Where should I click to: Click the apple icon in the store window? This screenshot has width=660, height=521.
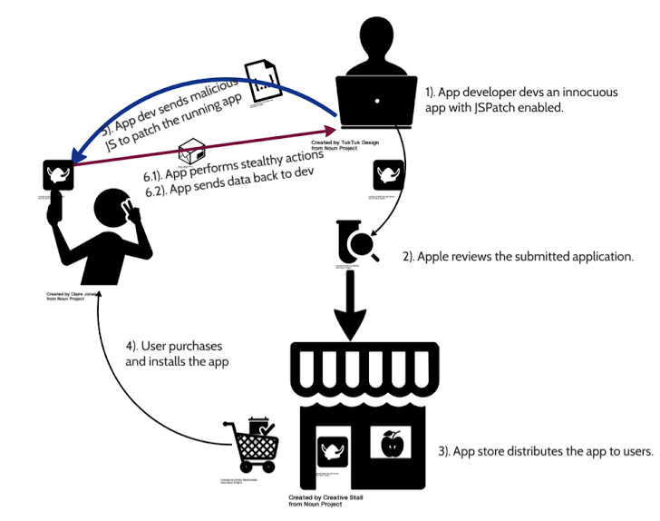(392, 445)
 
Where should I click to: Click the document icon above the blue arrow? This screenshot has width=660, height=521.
(264, 82)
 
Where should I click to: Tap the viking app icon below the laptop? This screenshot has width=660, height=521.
(389, 174)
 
